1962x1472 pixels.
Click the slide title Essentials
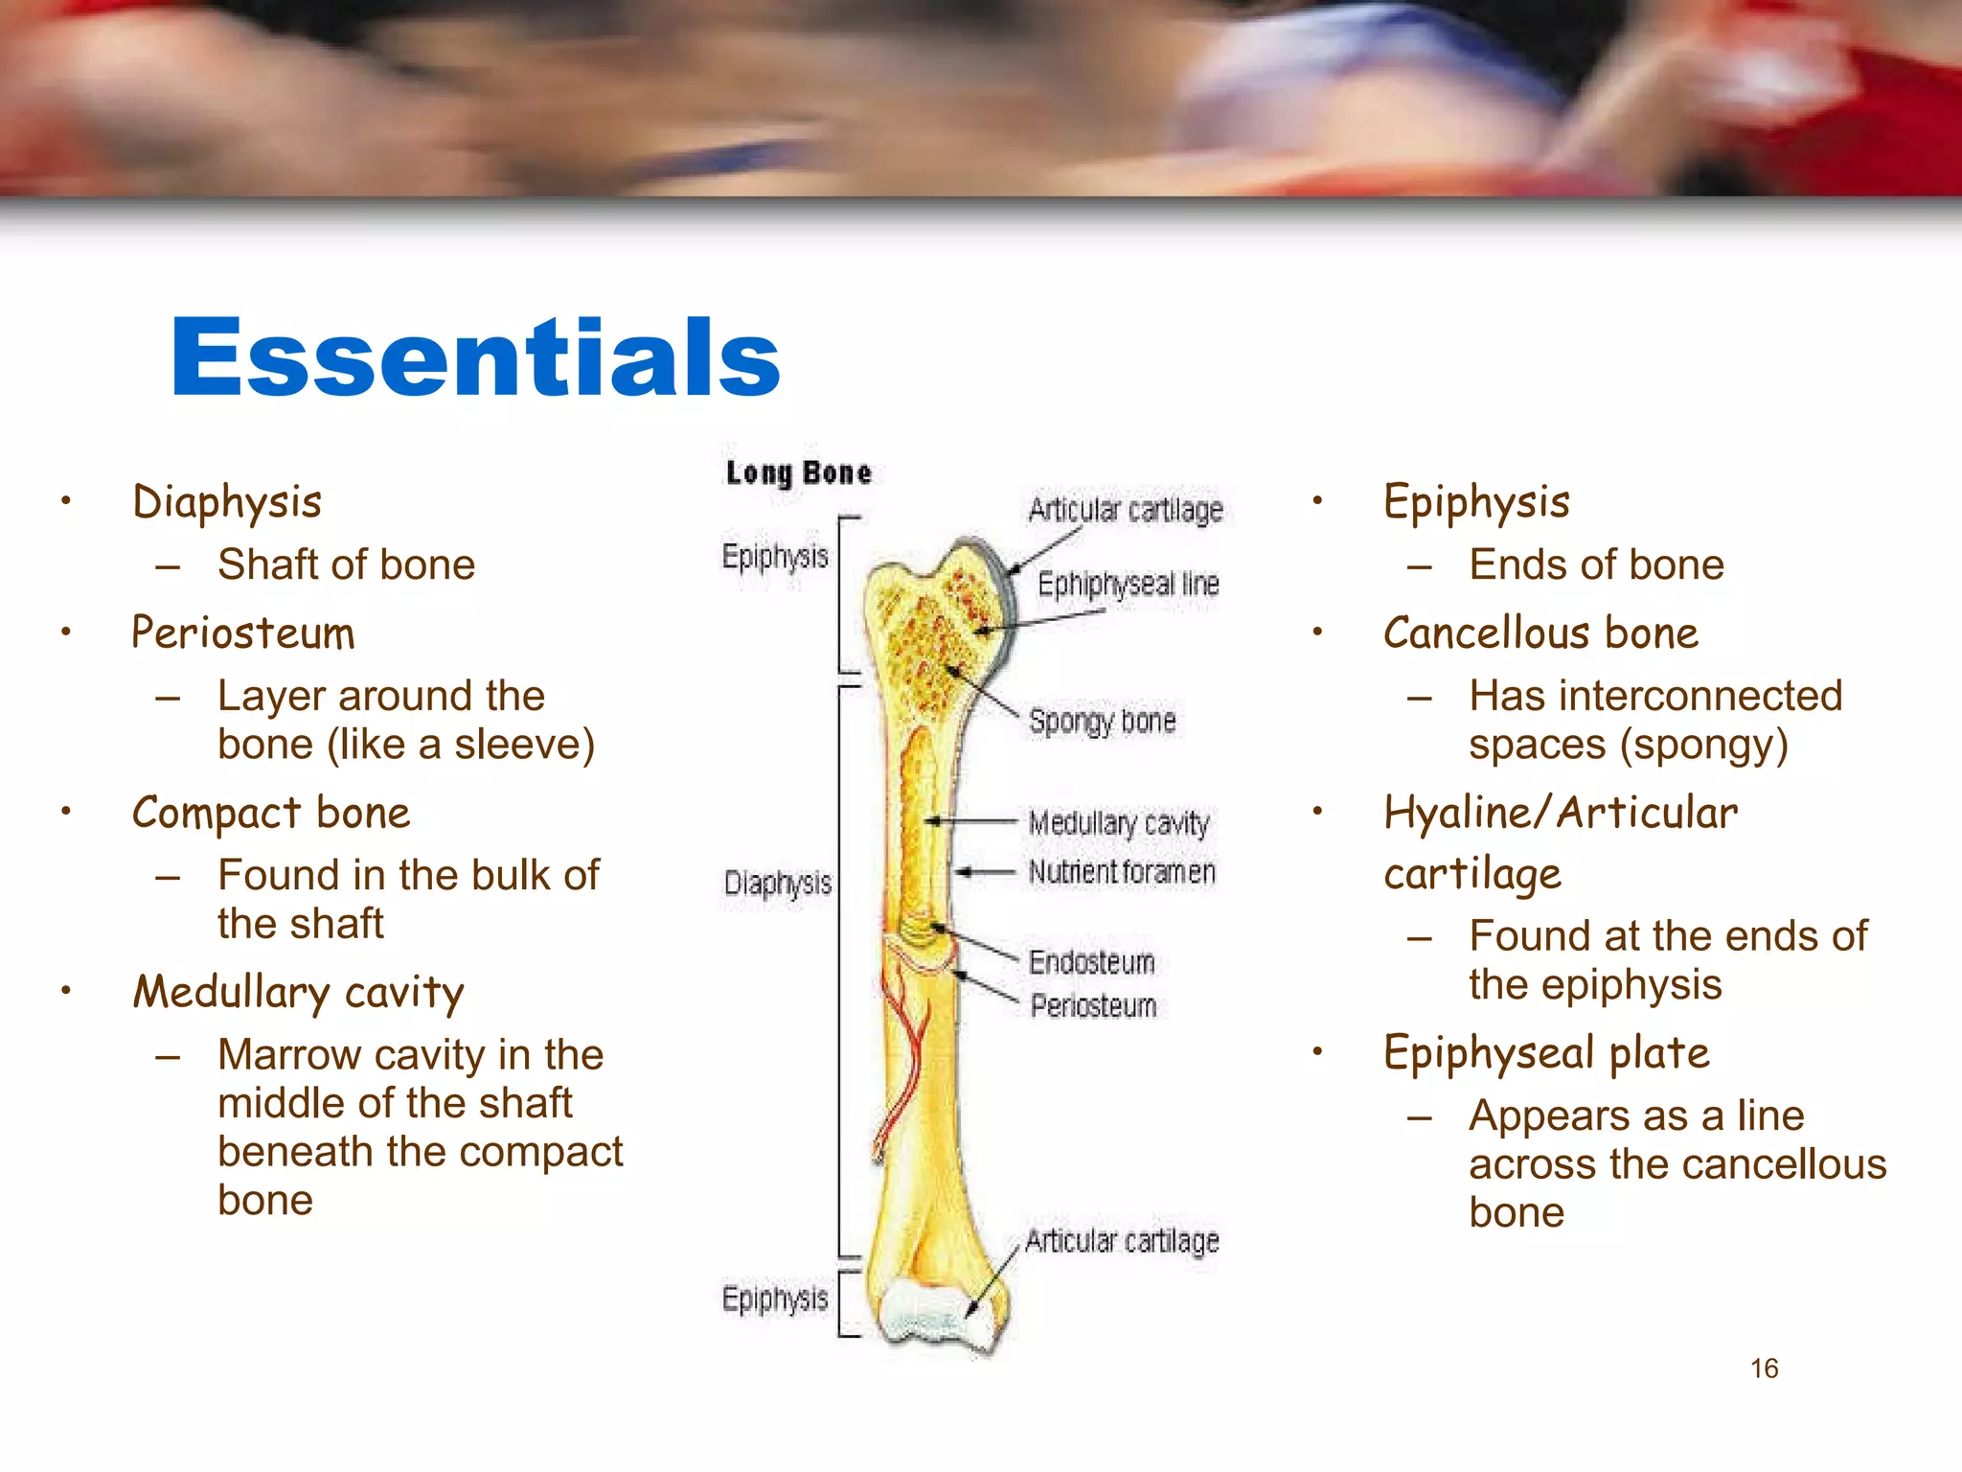coord(475,358)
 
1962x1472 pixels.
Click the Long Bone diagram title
coord(798,473)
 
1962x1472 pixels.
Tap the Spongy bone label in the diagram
coord(1102,722)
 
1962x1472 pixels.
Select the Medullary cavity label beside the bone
coord(1119,823)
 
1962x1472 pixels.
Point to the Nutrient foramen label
coord(1122,872)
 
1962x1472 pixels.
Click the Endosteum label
coord(1091,962)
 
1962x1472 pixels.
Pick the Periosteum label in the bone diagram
coord(1093,1006)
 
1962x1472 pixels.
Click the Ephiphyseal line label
coord(1128,584)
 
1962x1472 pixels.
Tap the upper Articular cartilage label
coord(1126,510)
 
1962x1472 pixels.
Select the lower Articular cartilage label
coord(1122,1242)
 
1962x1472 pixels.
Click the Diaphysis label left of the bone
coord(777,884)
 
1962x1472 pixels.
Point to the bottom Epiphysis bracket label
coord(774,1299)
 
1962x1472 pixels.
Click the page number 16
coord(1764,1368)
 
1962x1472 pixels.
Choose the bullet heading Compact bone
coord(271,813)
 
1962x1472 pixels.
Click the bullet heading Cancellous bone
coord(1540,633)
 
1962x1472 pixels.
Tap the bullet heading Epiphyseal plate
coord(1546,1053)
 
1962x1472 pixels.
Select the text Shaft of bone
coord(346,564)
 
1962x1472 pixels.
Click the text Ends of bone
coord(1596,564)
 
